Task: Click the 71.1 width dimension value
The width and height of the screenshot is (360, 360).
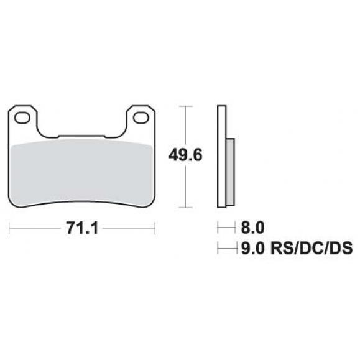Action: pos(82,228)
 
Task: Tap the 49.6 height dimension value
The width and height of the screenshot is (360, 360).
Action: pos(185,155)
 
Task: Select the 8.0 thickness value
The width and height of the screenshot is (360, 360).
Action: pos(252,228)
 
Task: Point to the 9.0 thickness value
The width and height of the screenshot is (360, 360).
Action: pos(252,248)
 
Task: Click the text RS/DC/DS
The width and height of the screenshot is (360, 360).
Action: pos(312,248)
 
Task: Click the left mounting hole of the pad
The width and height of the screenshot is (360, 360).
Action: pos(22,118)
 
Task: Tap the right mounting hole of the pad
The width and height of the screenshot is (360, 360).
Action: pos(141,118)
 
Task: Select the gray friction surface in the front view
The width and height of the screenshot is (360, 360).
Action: pos(82,173)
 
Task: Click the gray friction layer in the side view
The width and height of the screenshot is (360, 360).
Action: pos(230,172)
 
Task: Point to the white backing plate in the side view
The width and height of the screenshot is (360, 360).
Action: pos(221,157)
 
